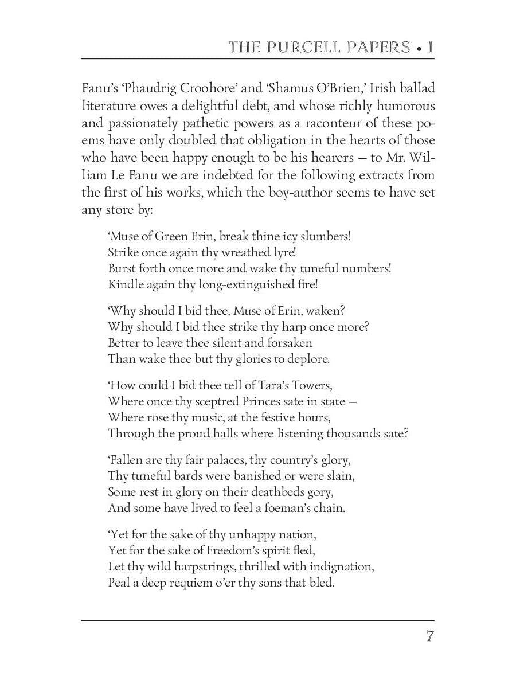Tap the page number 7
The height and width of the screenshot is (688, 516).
click(429, 636)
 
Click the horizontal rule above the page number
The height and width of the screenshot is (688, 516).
click(257, 620)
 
